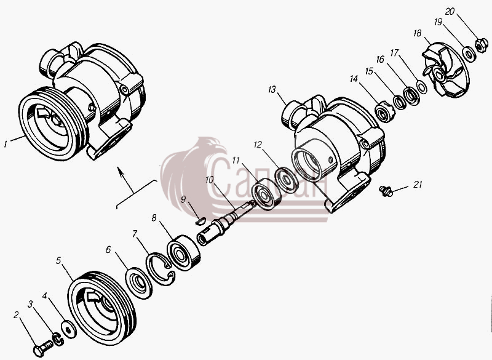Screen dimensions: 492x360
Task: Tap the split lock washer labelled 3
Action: (58, 340)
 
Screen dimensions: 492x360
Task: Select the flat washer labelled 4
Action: (68, 329)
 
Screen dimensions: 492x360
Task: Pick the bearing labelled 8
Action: (183, 252)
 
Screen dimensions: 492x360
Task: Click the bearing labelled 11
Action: (266, 194)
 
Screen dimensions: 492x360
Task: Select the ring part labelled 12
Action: (287, 180)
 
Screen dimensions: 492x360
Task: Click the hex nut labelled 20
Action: (481, 45)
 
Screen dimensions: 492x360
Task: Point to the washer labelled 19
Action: (470, 54)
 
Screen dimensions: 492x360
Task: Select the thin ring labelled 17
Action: (421, 87)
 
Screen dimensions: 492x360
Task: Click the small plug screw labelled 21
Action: (386, 191)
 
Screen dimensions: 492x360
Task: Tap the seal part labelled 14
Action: (385, 112)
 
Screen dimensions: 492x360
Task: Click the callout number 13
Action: (272, 90)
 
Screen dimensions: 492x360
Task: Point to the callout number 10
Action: (209, 180)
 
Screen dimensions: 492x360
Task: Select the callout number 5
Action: (58, 260)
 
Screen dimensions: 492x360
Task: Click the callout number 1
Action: (5, 144)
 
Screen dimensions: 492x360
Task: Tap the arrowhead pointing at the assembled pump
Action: (120, 170)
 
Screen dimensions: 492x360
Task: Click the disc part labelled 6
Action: (138, 283)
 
